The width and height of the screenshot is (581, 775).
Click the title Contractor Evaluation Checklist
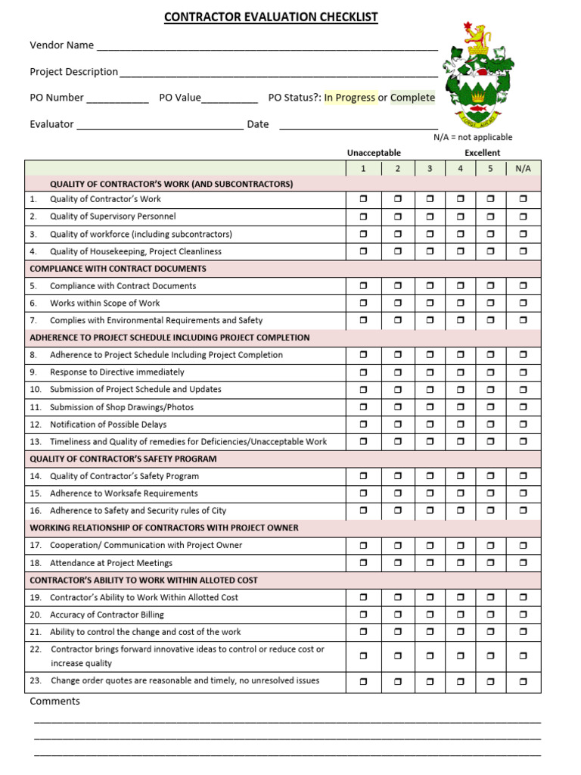[x=271, y=17]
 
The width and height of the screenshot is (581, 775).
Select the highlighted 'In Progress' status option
[x=350, y=98]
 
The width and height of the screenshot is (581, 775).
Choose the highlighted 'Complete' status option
[x=412, y=98]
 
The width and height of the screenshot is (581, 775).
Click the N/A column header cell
[x=523, y=169]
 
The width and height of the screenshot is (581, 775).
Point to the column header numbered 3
[x=430, y=169]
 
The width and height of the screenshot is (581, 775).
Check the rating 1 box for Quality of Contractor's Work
[x=363, y=200]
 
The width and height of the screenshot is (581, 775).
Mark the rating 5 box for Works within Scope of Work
[x=490, y=303]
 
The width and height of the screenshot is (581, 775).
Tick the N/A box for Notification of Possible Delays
[x=523, y=425]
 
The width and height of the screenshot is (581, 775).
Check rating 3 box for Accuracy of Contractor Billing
[x=430, y=615]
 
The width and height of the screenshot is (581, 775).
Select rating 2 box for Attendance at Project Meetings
[x=397, y=563]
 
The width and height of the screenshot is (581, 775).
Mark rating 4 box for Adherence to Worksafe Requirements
[x=460, y=493]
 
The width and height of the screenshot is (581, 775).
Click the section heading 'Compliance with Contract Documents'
[x=118, y=269]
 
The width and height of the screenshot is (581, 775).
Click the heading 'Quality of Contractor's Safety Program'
[x=123, y=459]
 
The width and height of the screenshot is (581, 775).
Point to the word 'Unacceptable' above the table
[x=374, y=153]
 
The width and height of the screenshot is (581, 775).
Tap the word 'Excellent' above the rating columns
[x=482, y=153]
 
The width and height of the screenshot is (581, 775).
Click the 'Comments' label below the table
[x=54, y=702]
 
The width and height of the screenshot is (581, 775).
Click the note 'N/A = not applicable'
[x=473, y=137]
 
